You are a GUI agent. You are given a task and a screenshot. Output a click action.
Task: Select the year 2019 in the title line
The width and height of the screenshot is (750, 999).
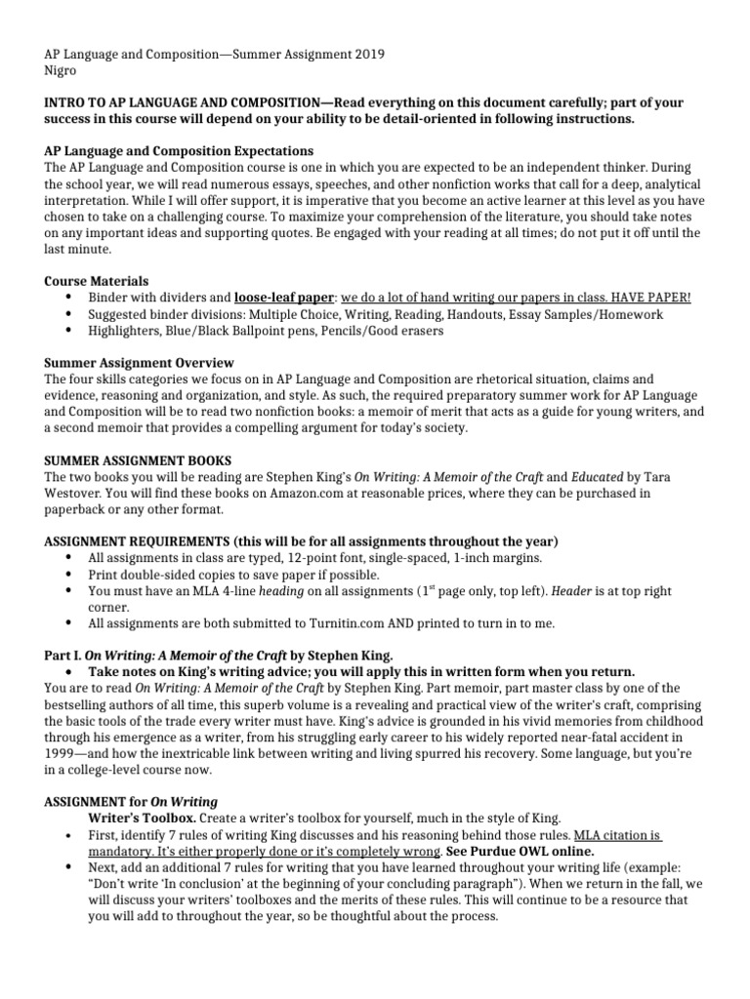pyautogui.click(x=367, y=55)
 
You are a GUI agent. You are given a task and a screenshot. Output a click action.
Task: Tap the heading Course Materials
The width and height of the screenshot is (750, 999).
pyautogui.click(x=97, y=280)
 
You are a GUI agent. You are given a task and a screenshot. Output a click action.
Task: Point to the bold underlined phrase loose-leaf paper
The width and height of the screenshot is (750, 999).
pyautogui.click(x=285, y=297)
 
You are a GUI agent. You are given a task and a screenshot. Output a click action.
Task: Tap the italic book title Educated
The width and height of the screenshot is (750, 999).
pyautogui.click(x=604, y=476)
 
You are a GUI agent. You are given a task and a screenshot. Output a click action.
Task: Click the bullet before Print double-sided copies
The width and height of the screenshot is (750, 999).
pyautogui.click(x=67, y=575)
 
